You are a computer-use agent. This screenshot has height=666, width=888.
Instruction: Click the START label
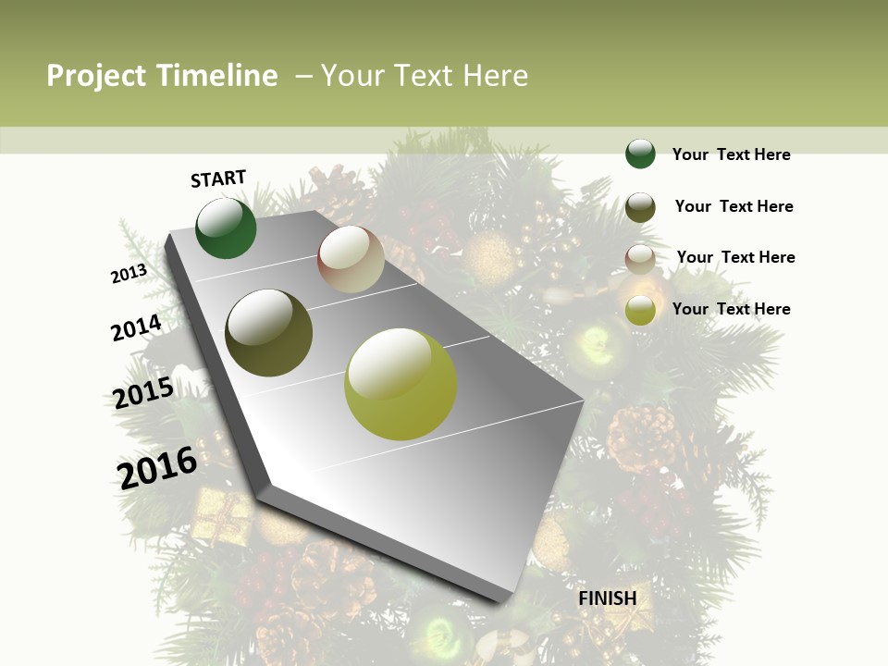218,179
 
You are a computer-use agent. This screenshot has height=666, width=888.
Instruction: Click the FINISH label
607,598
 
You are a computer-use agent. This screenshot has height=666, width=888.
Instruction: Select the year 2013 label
129,274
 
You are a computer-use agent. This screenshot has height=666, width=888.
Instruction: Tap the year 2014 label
136,327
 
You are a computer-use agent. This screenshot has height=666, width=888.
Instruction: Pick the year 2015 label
142,393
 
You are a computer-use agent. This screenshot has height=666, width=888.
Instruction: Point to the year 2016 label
157,467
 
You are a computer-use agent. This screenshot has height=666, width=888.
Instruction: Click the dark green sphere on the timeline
226,228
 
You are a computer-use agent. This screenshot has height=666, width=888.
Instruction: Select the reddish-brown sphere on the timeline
351,259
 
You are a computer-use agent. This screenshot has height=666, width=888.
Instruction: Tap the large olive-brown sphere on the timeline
268,333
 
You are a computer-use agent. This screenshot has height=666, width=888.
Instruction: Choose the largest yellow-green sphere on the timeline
401,384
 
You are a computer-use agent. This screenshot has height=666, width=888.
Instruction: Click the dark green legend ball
640,154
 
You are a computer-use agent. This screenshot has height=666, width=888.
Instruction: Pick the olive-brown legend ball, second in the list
640,207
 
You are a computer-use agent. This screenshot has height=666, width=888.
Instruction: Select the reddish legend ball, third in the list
640,259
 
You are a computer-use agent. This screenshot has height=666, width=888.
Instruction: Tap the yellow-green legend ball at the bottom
640,310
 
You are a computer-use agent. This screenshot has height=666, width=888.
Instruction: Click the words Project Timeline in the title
162,76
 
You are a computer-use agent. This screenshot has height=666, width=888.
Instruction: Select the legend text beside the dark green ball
731,154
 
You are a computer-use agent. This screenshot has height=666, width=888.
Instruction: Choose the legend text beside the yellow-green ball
731,309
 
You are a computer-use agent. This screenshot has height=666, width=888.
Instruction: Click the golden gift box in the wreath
222,515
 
